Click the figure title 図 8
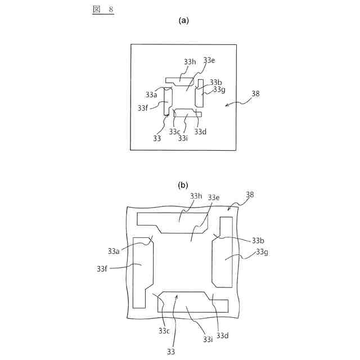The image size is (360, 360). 103,9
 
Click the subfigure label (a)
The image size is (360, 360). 183,20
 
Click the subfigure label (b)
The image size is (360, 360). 183,184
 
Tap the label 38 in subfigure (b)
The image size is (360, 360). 250,195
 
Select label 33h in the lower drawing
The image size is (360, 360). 196,196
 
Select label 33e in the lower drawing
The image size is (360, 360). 214,197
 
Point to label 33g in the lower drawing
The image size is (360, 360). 262,251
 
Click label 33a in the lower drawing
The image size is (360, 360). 114,251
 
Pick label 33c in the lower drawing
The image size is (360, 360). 164,330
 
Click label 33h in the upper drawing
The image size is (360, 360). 190,62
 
